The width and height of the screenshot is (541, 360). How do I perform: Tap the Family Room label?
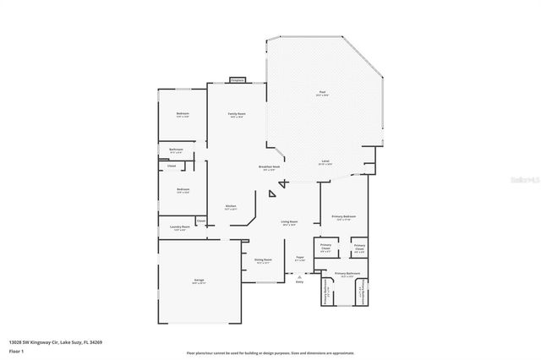point(238,115)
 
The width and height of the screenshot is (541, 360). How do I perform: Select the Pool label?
point(322,93)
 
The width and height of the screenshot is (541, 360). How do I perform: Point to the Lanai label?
point(325,161)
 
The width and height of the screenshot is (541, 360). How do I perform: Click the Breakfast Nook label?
point(270,168)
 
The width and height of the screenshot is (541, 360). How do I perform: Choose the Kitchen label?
point(230,206)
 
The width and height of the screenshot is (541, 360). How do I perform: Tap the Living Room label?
point(290,223)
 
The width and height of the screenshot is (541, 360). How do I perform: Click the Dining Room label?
point(263,260)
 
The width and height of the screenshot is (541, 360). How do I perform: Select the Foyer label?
point(299,258)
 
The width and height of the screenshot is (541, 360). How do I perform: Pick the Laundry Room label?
point(178,227)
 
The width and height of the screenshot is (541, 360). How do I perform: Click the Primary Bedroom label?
point(343,217)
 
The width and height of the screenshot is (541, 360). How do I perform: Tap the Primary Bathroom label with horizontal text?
point(347,274)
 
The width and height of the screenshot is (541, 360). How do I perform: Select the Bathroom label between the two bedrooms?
point(176,150)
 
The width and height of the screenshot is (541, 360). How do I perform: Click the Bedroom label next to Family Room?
point(182,114)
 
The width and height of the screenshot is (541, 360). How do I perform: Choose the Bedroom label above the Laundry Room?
point(182,190)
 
